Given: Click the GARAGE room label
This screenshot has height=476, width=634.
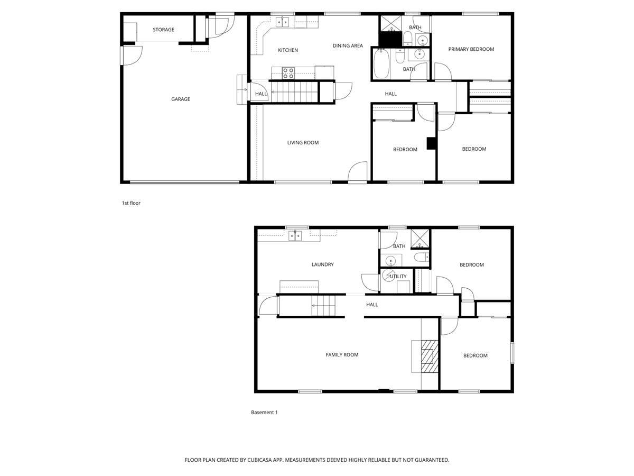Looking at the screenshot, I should pos(180,99).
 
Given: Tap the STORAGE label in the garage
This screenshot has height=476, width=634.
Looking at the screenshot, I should pos(163,30).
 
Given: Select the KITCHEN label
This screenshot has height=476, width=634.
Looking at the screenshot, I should pos(288,50).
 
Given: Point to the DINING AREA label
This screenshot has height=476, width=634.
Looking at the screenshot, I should pos(348,46).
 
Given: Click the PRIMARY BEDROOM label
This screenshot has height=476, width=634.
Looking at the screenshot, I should pos(471,49).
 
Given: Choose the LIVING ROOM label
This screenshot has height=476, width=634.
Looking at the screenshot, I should pos(303,143).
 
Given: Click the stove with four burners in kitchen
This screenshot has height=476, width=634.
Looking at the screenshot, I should pos(288,72).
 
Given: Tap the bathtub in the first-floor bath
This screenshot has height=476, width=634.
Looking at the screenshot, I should pos(380,65).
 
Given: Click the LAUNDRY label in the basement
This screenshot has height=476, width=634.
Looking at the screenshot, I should pos(322,264).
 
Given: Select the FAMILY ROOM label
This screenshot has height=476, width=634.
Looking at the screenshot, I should pos(342,355).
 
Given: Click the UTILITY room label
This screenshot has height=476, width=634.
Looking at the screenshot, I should pos(398,277).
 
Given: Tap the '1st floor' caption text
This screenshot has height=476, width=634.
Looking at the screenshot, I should pos(131,203).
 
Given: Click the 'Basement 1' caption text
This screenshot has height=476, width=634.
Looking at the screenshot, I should pos(264,413).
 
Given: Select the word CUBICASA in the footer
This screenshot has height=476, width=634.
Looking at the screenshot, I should pos(265,460).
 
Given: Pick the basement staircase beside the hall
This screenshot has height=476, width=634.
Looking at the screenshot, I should pos(323,306).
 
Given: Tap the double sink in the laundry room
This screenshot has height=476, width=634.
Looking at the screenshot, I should pos(295,235).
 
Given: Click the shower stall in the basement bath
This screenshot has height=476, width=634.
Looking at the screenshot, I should pos(421,239).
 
